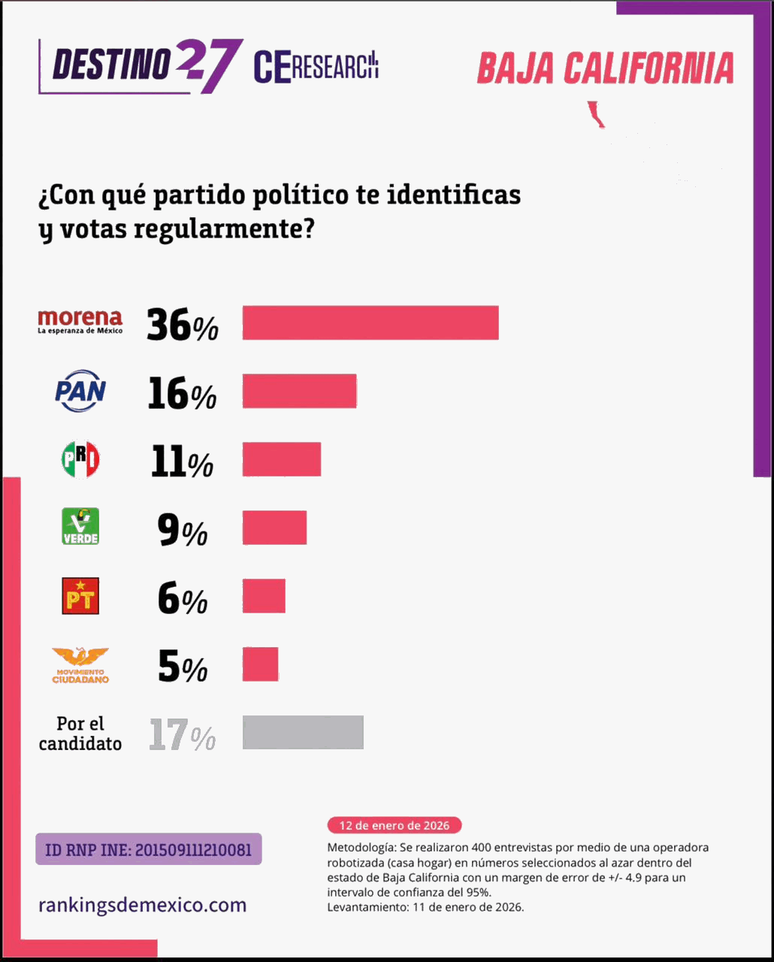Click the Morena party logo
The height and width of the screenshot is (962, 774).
pos(80,321)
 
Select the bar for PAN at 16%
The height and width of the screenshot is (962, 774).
pos(299,391)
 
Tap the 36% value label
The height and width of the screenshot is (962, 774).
pos(182,325)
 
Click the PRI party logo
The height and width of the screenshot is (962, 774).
pos(80,459)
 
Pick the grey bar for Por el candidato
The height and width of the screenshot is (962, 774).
pos(303,732)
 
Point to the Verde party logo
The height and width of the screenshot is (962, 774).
pos(80,526)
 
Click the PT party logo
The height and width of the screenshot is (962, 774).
pos(80,596)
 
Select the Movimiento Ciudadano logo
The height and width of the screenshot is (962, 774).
pos(80,665)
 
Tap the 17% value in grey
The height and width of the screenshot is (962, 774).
pos(182,735)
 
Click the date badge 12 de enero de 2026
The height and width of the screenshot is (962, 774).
pos(394,825)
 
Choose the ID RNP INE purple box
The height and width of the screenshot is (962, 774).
pos(149,849)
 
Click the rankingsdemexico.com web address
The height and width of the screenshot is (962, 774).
pos(142,905)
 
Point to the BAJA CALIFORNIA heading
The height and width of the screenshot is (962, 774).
pos(605,68)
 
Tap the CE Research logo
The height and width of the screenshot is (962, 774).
pos(316,67)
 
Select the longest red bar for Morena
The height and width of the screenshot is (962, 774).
pos(370,322)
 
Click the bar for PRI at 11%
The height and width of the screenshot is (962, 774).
pos(281,459)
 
